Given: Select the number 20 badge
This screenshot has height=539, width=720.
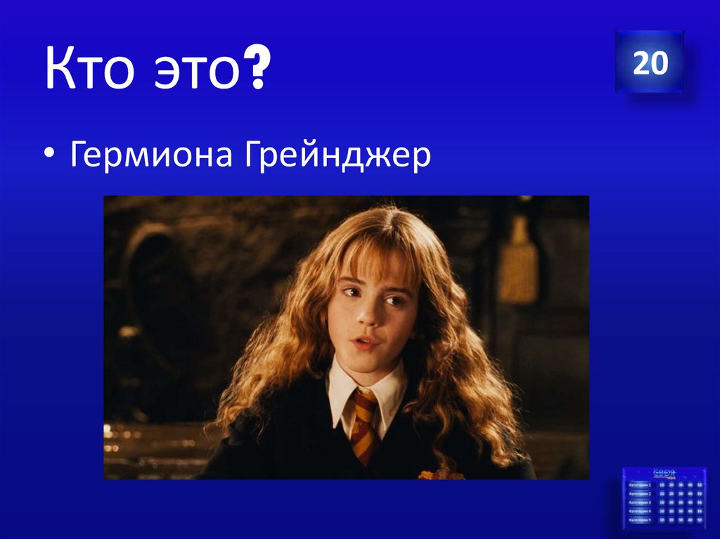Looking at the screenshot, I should click(650, 63).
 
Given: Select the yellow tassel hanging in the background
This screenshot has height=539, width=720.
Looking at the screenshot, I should click(518, 260).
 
